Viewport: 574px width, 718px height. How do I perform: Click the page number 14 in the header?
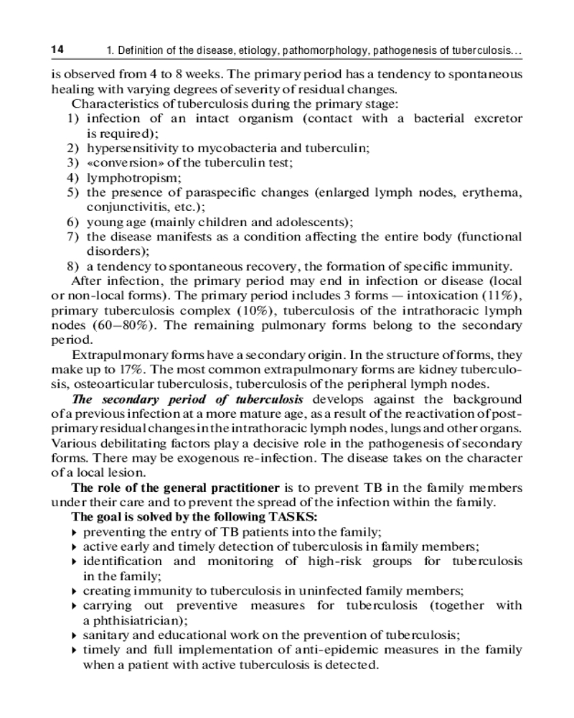(x=58, y=50)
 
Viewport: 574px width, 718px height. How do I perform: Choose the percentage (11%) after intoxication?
(x=502, y=296)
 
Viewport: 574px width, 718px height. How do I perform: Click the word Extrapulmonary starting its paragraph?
(x=112, y=355)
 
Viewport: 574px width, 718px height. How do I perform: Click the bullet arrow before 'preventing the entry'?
(x=75, y=533)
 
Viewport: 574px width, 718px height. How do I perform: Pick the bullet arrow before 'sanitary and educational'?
(x=75, y=635)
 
